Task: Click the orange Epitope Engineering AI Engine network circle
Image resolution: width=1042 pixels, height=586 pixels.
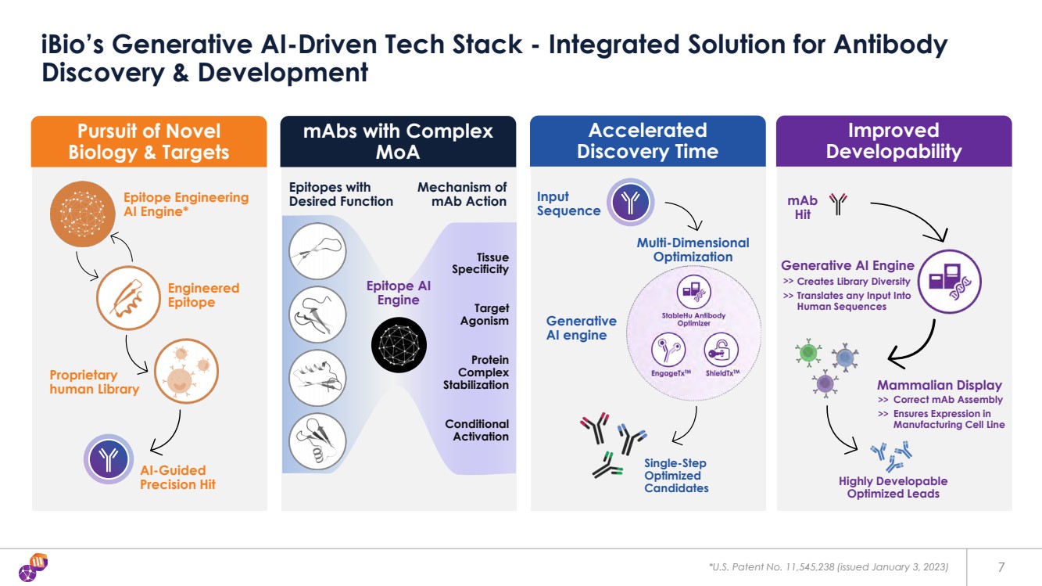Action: tap(83, 214)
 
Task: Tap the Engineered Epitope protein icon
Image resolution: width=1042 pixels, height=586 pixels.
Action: tap(128, 298)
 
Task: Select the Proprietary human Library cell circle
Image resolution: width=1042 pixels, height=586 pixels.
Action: tap(186, 371)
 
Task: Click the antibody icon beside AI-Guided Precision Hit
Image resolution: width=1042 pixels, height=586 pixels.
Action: tap(109, 459)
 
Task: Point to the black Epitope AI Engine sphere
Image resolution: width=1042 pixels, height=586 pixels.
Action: tap(399, 345)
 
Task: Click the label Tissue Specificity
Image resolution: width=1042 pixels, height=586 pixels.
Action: tap(480, 263)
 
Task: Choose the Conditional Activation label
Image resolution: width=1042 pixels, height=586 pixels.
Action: tap(477, 430)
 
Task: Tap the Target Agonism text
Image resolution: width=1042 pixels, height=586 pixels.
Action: tap(484, 315)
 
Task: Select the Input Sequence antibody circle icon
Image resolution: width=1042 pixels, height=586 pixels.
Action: tap(630, 203)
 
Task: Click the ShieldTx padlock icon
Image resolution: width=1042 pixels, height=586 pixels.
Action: tap(721, 350)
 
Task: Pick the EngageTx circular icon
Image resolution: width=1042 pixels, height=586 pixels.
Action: tap(668, 350)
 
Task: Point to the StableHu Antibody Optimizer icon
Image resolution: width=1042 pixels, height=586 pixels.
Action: tap(693, 292)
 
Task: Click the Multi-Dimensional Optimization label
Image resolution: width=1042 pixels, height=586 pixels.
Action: tap(693, 250)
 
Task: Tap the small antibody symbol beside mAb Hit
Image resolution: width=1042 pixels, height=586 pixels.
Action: tap(838, 204)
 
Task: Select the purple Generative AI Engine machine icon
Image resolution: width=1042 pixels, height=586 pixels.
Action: tap(950, 282)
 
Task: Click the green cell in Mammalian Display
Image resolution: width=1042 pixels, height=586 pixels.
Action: tap(808, 352)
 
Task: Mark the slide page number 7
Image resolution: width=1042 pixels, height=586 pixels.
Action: tap(1001, 567)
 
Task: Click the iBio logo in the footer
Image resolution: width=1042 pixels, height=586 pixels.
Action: tap(34, 567)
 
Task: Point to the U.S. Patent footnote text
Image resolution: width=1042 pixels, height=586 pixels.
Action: tap(829, 567)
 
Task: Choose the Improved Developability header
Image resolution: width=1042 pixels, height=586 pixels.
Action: tap(893, 141)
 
